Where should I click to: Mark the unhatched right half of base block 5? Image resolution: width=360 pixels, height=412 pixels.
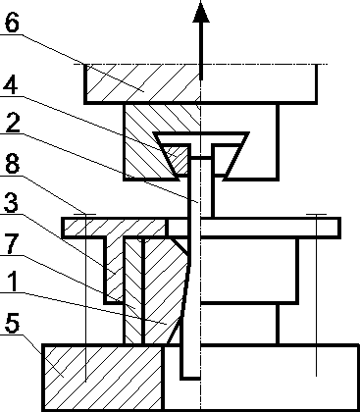coord(284,377)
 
